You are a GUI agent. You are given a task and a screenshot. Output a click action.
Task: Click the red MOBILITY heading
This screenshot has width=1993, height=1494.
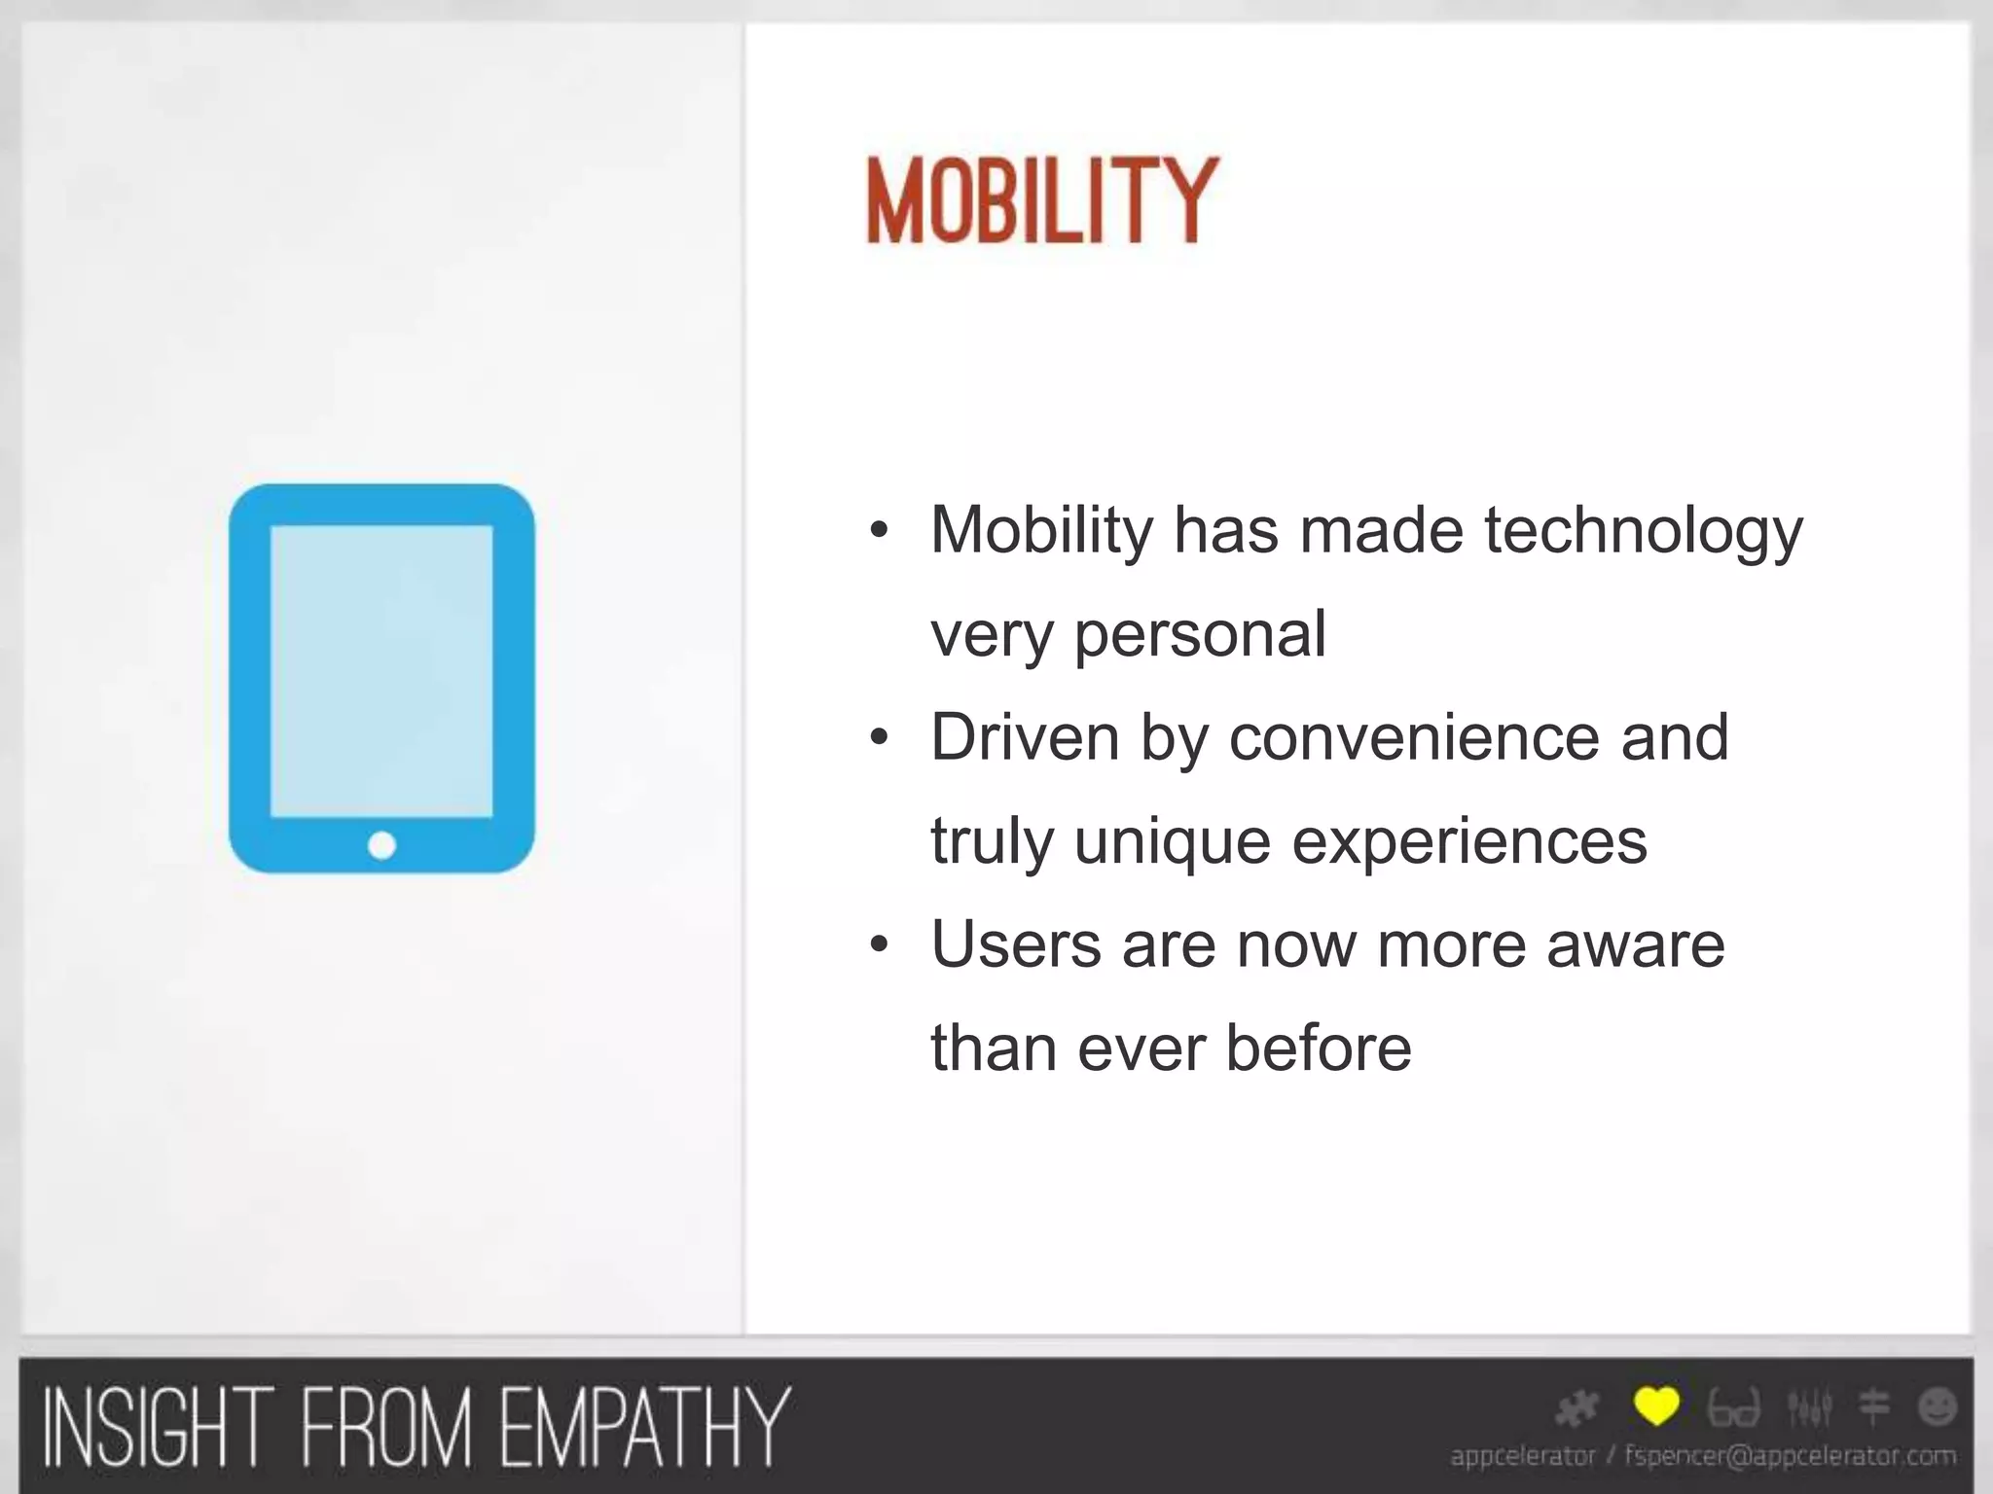pyautogui.click(x=1041, y=201)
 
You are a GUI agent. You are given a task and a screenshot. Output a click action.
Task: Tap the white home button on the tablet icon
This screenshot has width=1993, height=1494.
pyautogui.click(x=381, y=845)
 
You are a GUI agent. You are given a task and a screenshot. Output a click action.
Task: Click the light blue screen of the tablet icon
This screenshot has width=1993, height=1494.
pyautogui.click(x=381, y=671)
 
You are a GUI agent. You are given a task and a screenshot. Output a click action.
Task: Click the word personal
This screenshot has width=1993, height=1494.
pyautogui.click(x=1200, y=634)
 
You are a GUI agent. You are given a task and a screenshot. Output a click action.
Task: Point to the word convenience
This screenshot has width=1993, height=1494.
pyautogui.click(x=1413, y=737)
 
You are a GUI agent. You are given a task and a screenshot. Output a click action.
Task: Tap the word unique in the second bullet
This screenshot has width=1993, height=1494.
pyautogui.click(x=1173, y=841)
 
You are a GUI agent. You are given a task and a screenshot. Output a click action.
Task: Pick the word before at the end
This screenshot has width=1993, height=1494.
pyautogui.click(x=1318, y=1049)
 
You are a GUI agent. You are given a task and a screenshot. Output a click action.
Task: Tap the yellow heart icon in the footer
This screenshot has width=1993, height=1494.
pyautogui.click(x=1656, y=1406)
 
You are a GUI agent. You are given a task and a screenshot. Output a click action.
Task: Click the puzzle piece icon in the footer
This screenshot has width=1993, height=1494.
pyautogui.click(x=1577, y=1407)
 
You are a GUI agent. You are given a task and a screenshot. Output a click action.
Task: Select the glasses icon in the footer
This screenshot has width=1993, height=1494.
pyautogui.click(x=1734, y=1408)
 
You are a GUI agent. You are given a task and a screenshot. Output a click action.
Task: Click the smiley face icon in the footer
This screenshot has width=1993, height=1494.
pyautogui.click(x=1937, y=1406)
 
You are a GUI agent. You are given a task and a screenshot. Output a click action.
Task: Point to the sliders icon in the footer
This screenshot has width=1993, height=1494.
pyautogui.click(x=1809, y=1406)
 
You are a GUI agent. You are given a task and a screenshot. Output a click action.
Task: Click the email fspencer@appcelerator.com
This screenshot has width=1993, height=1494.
pyautogui.click(x=1790, y=1456)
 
